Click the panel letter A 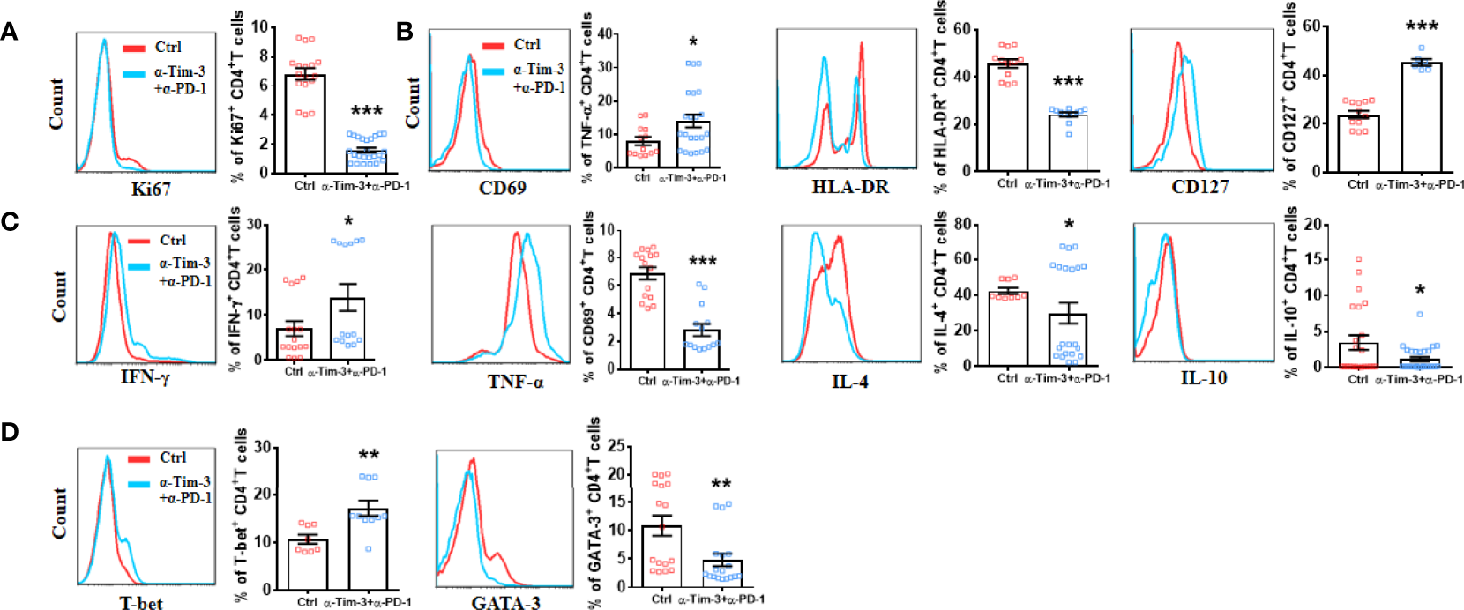coord(9,32)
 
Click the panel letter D coord(10,433)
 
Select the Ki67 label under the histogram coord(150,189)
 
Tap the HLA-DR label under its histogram coord(850,187)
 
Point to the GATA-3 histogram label coord(505,603)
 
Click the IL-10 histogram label coord(1203,378)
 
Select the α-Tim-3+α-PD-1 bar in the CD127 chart coord(1421,116)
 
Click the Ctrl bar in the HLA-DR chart coord(1007,117)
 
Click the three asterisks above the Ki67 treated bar coord(367,112)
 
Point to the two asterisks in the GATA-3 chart coord(721,485)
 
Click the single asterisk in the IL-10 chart coord(1420,291)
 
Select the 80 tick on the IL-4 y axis coord(964,224)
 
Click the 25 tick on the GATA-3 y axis coord(616,447)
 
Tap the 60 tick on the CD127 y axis coord(1311,26)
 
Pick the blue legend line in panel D coord(141,483)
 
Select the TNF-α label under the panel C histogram coord(515,382)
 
